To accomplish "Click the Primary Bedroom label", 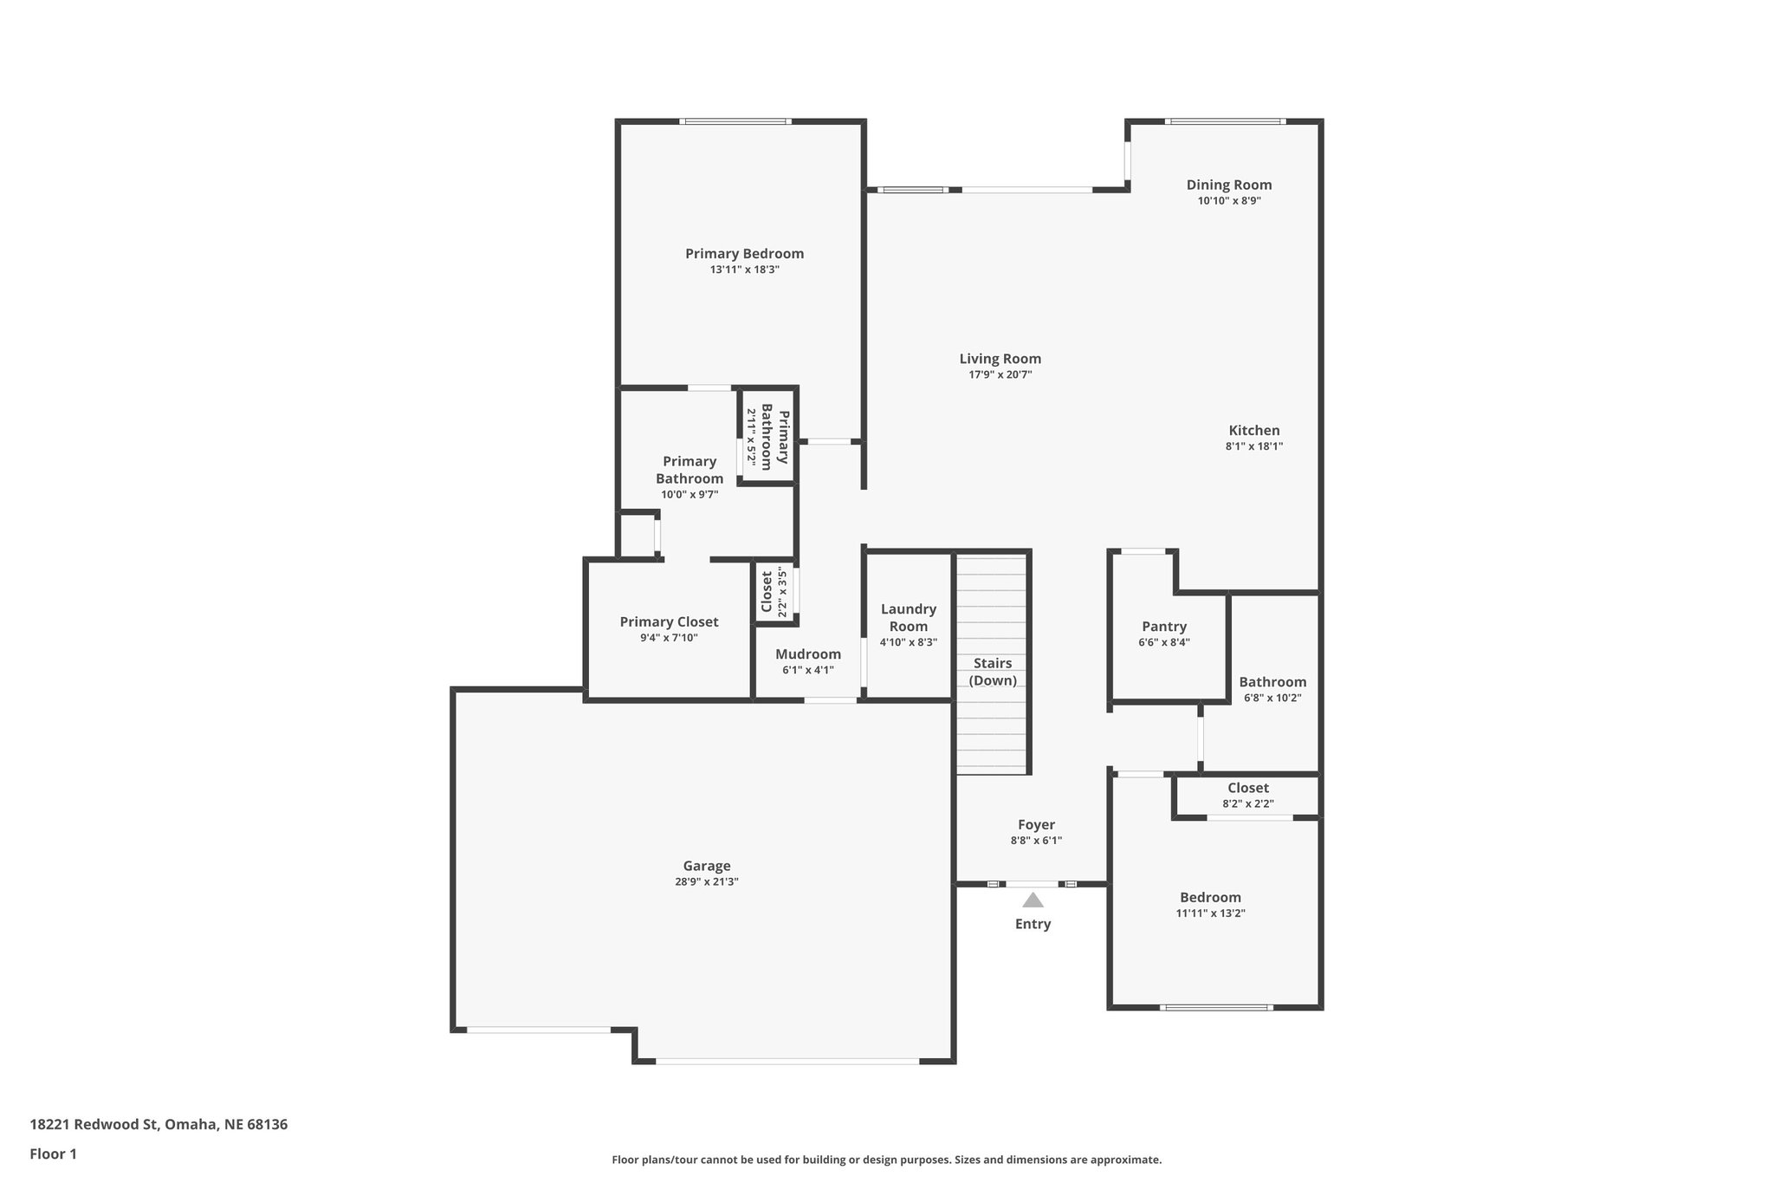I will point(744,254).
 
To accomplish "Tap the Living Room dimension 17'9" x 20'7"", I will point(1000,375).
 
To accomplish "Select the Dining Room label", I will point(1228,185).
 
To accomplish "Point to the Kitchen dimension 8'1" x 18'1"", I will point(1253,447).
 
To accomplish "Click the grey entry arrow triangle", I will point(1033,900).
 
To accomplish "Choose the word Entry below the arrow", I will point(1033,924).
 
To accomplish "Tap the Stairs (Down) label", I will point(993,672).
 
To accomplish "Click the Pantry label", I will point(1163,627).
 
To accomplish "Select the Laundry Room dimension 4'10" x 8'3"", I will point(908,643).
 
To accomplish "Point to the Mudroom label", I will point(807,654).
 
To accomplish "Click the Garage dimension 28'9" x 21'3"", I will point(706,882).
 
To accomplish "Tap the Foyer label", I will point(1036,825).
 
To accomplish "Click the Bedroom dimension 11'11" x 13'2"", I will point(1210,913).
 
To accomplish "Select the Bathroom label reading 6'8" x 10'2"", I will point(1272,682).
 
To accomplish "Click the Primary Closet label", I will point(669,621).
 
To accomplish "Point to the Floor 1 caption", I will point(53,1154).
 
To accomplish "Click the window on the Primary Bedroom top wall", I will point(735,121).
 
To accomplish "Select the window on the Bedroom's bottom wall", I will point(1216,1007).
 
